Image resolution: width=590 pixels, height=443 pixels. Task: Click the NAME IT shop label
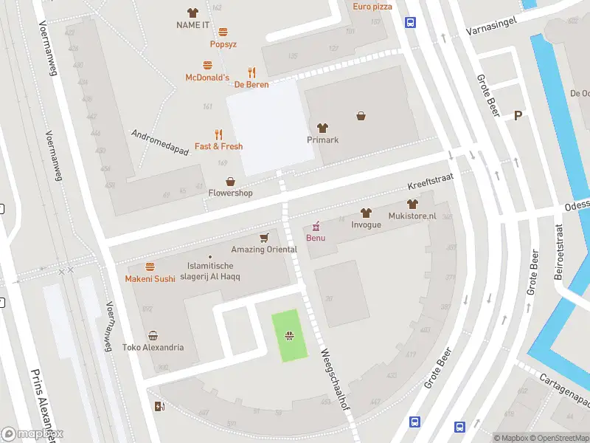pyautogui.click(x=193, y=25)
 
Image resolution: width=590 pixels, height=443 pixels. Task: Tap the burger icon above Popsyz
pyautogui.click(x=223, y=32)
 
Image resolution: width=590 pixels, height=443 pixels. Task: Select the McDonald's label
pyautogui.click(x=207, y=78)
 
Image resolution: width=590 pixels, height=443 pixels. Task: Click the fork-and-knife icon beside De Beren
pyautogui.click(x=251, y=72)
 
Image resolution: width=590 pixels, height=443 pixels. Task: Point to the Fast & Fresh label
pyautogui.click(x=218, y=146)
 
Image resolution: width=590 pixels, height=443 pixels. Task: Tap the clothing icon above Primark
pyautogui.click(x=322, y=128)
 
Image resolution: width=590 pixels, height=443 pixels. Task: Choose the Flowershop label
pyautogui.click(x=230, y=193)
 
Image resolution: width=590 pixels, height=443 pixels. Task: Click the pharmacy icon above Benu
pyautogui.click(x=316, y=225)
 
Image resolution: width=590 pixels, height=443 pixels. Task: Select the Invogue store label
pyautogui.click(x=366, y=224)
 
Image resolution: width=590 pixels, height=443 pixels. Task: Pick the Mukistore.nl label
pyautogui.click(x=412, y=216)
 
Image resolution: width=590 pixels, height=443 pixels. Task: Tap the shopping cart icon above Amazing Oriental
pyautogui.click(x=264, y=237)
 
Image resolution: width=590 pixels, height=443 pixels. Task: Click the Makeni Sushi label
pyautogui.click(x=150, y=278)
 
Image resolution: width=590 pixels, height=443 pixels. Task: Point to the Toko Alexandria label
pyautogui.click(x=153, y=347)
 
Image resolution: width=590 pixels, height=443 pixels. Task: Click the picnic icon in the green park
pyautogui.click(x=290, y=337)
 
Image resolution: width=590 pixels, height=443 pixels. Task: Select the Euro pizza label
pyautogui.click(x=372, y=7)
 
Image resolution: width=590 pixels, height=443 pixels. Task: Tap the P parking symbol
pyautogui.click(x=518, y=115)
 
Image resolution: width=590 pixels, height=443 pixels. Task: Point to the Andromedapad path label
pyautogui.click(x=160, y=143)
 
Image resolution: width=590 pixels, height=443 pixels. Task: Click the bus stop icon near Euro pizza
pyautogui.click(x=410, y=23)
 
